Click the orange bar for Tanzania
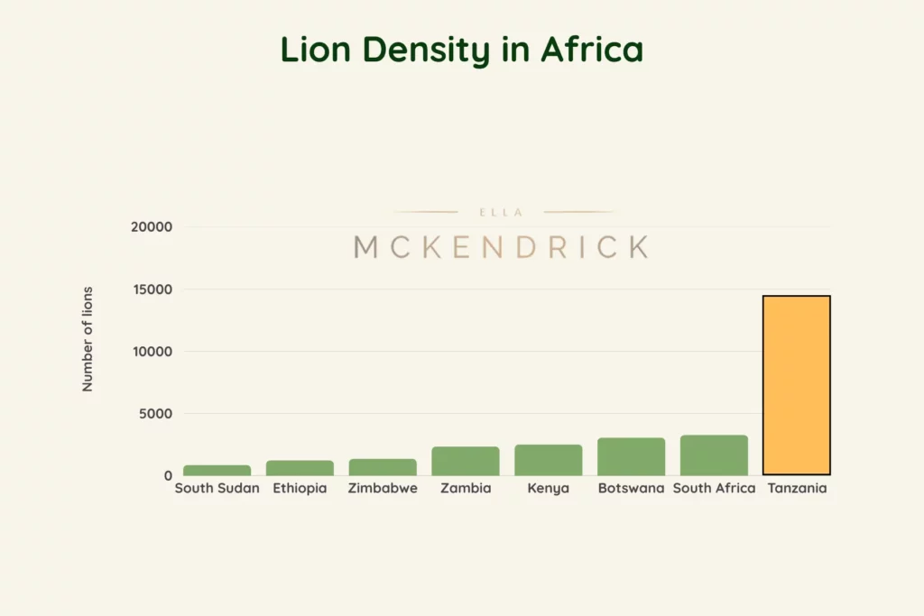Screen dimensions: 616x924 click(796, 385)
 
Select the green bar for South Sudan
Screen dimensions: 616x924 click(217, 470)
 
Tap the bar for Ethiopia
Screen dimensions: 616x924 click(300, 468)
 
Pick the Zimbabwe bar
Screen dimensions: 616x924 click(383, 467)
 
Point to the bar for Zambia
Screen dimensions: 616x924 click(466, 461)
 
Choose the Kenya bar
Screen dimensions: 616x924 click(549, 460)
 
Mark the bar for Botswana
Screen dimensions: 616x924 click(631, 456)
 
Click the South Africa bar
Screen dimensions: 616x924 click(714, 455)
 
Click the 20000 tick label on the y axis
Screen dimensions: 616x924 click(151, 227)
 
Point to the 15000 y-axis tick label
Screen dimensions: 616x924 click(151, 290)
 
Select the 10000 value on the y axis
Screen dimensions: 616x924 click(151, 352)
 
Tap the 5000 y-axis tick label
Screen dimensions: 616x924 click(154, 414)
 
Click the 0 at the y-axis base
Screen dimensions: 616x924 click(168, 475)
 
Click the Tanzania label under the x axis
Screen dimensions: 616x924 click(797, 489)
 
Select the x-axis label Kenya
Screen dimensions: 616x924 click(549, 489)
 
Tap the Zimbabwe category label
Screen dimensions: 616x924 click(383, 489)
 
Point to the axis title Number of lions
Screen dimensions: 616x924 click(88, 339)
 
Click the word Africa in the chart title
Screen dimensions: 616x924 click(592, 51)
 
